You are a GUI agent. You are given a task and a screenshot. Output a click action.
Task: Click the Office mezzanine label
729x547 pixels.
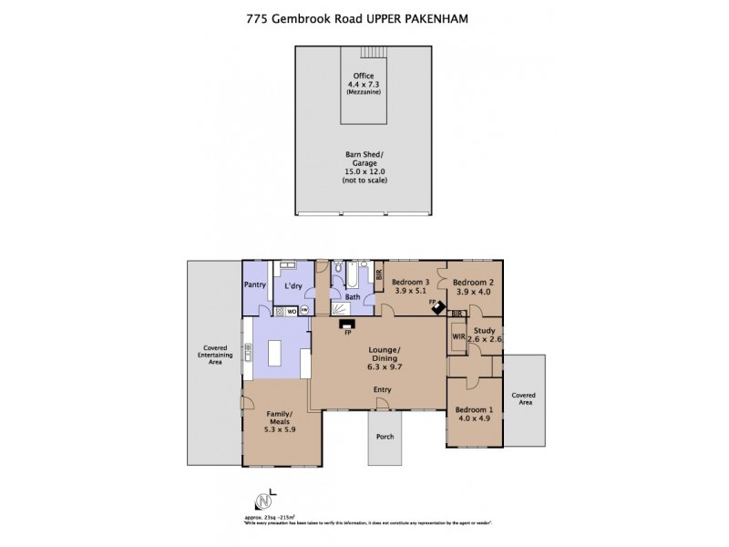click(x=364, y=83)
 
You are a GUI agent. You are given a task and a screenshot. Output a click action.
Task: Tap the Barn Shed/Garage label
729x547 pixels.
click(x=364, y=168)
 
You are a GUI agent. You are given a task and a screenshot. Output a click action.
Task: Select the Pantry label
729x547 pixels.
click(x=254, y=285)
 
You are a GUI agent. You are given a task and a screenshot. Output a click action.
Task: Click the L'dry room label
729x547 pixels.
click(x=293, y=286)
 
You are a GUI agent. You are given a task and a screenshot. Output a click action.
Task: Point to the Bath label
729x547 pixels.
click(x=351, y=297)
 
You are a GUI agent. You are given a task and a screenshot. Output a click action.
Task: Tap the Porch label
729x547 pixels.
click(x=384, y=435)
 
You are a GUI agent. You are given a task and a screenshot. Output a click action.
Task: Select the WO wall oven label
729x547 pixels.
click(x=291, y=311)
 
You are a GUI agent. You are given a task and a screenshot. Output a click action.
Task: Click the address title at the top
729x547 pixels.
click(x=364, y=15)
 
